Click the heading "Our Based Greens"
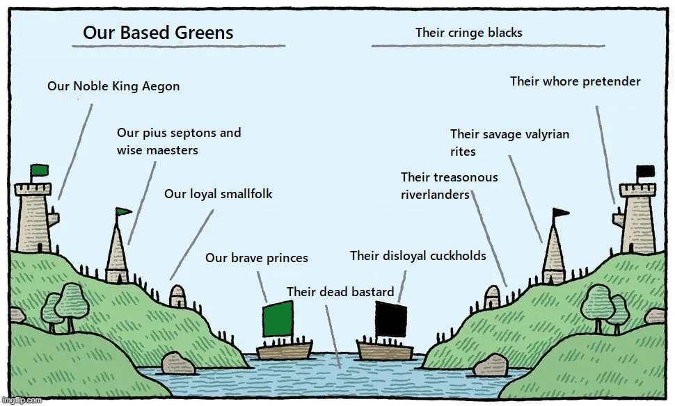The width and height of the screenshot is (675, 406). click(158, 33)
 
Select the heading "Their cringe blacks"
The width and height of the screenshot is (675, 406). click(468, 33)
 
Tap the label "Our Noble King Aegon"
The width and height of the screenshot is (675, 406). click(113, 86)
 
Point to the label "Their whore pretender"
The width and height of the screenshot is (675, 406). click(575, 81)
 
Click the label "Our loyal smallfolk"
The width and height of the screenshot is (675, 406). click(218, 194)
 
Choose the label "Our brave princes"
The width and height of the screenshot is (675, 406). click(257, 258)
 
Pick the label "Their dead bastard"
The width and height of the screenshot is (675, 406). click(340, 292)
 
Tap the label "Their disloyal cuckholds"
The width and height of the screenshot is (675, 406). click(418, 256)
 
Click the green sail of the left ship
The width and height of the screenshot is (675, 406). click(278, 318)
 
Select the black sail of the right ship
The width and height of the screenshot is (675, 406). click(391, 319)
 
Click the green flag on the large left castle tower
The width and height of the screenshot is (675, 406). click(40, 170)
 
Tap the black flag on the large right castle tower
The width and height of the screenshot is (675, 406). click(645, 171)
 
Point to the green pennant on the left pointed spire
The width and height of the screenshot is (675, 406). click(124, 211)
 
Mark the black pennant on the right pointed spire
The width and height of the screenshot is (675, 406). click(561, 212)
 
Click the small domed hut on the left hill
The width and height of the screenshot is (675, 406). click(177, 296)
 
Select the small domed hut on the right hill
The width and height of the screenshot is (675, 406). click(492, 297)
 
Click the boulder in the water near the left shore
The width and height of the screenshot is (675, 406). click(177, 363)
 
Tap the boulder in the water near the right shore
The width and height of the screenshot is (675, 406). click(491, 365)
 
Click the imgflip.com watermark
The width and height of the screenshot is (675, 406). click(22, 400)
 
